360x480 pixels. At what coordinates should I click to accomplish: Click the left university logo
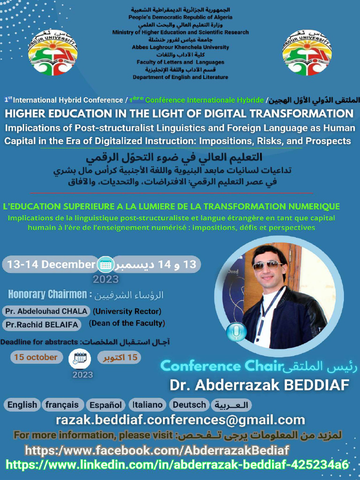52,52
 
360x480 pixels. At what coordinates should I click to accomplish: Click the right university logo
307,52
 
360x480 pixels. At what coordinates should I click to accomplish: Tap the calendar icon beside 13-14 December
105,265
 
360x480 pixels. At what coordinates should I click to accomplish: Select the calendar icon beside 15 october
80,359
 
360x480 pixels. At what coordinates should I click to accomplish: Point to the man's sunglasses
267,265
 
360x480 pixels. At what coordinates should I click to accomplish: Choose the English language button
22,405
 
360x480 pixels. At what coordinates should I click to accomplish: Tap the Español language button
106,405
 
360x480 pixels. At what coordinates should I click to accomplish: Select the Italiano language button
147,405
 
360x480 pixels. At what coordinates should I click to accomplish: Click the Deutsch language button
189,405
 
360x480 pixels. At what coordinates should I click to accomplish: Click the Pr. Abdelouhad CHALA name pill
46,311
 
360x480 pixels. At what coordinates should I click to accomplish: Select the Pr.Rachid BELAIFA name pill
42,324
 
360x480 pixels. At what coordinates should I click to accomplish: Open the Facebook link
157,450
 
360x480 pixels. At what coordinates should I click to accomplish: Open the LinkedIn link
177,465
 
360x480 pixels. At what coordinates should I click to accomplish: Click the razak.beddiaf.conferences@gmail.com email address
180,420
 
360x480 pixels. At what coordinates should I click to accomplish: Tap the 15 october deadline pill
36,358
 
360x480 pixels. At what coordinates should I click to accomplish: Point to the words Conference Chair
222,366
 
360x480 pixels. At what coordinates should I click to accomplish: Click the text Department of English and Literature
180,77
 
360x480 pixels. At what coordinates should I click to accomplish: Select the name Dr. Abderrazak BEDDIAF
259,385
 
